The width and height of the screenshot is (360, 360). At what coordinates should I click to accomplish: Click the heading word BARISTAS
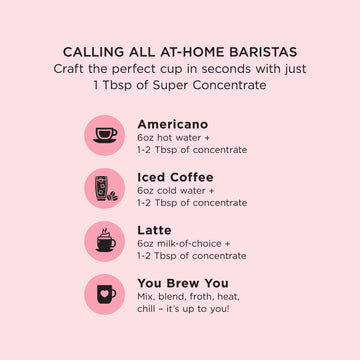(261, 52)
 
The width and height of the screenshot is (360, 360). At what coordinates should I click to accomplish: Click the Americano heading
(173, 124)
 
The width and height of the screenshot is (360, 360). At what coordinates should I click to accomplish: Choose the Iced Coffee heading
(175, 177)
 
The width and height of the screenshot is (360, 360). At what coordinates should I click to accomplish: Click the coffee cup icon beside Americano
(105, 135)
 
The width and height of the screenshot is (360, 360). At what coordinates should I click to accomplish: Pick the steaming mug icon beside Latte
(105, 241)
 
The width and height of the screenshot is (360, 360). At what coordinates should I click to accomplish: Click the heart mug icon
(105, 294)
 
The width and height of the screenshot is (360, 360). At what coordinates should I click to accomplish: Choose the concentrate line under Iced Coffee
(192, 203)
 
